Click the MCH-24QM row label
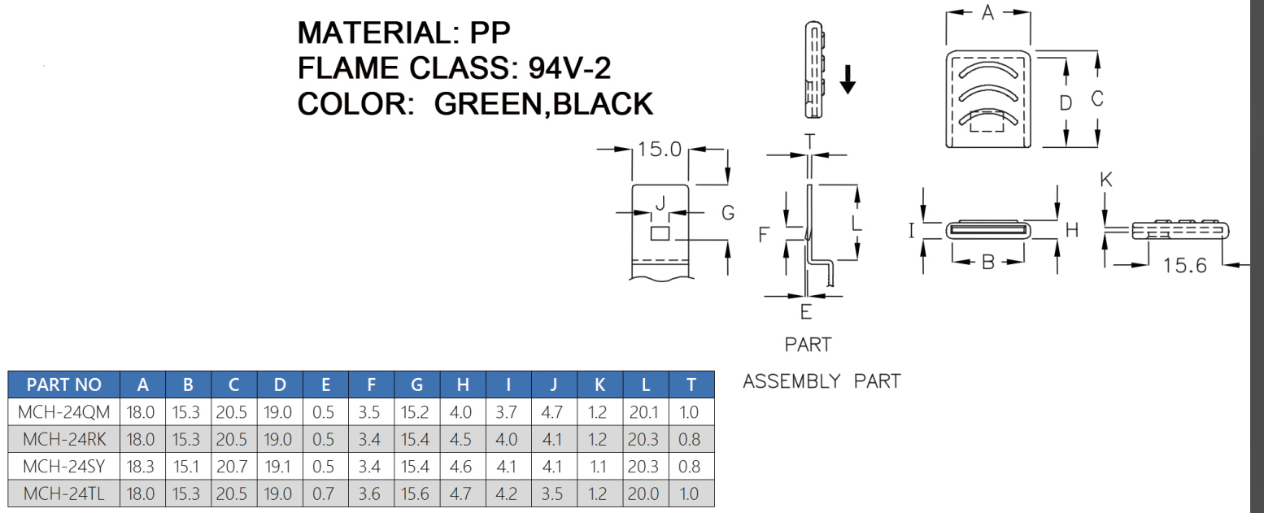point(63,412)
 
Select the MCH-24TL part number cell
point(63,493)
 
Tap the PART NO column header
point(63,385)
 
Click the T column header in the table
point(691,385)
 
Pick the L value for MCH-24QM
point(644,412)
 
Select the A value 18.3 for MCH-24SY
point(142,466)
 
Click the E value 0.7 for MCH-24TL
point(323,493)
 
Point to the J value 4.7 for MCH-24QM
point(552,412)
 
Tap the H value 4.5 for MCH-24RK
point(461,439)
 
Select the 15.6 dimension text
point(1184,265)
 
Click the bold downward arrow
point(848,80)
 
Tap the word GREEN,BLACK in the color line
point(543,104)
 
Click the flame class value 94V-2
point(569,68)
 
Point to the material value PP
point(490,33)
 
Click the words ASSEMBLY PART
point(822,381)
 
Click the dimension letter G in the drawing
point(728,213)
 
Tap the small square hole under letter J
point(660,234)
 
